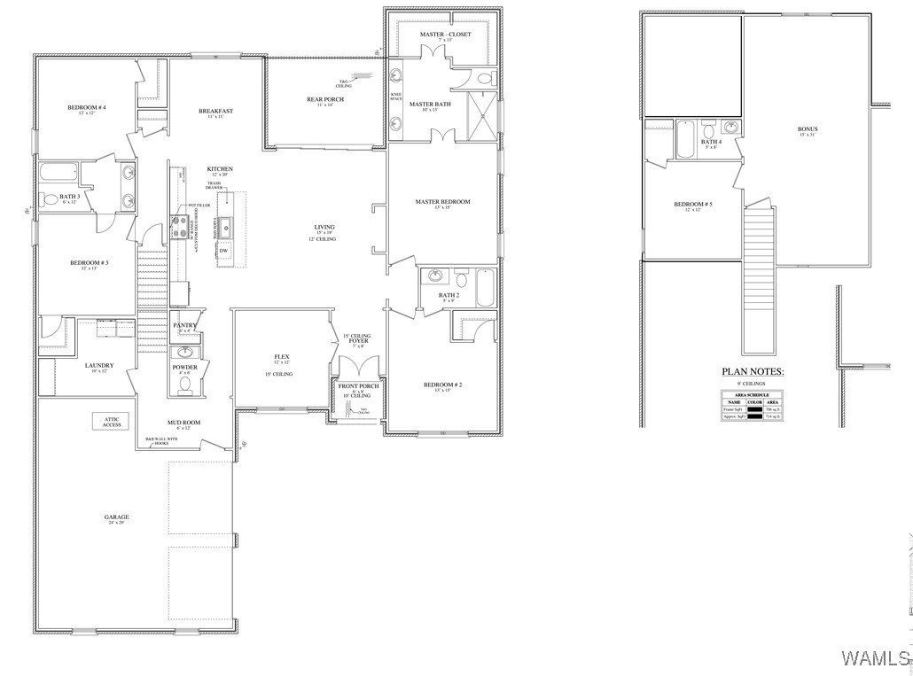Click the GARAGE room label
coord(116,517)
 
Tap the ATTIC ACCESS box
coord(112,421)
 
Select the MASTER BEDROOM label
coord(442,202)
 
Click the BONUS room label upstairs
coord(808,129)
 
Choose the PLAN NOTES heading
coord(753,372)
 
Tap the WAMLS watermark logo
coord(875,657)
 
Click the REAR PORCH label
coord(325,99)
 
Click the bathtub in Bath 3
coord(59,172)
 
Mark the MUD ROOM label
coord(183,423)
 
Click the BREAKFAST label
coord(215,111)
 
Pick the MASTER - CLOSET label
coord(445,34)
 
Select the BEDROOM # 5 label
coord(693,205)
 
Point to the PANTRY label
coord(184,325)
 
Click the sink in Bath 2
coord(434,276)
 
